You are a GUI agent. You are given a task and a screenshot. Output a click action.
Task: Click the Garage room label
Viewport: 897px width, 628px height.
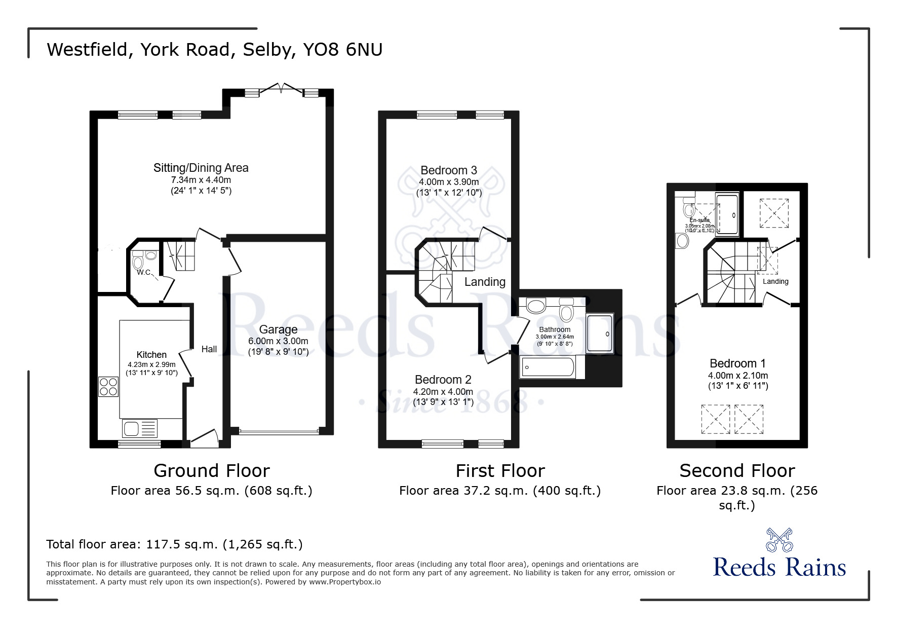pos(278,329)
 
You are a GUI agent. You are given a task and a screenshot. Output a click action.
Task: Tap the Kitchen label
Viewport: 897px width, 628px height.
pos(151,355)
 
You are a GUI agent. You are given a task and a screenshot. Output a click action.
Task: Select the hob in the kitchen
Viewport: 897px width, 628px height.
pos(108,387)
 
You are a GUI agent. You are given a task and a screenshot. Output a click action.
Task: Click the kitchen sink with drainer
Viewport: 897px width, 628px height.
pos(140,429)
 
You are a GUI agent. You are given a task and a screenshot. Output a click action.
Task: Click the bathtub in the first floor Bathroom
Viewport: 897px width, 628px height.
pos(548,366)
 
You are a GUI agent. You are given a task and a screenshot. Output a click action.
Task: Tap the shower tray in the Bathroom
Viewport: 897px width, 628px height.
pos(600,334)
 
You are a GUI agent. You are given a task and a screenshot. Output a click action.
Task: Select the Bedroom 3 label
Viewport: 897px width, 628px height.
pos(449,170)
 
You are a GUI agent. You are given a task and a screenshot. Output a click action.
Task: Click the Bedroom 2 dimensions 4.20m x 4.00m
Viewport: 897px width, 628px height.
pos(443,392)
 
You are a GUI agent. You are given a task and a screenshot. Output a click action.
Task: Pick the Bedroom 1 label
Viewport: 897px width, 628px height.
pos(737,363)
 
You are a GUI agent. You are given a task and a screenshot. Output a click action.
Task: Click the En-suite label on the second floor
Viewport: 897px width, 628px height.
pos(699,220)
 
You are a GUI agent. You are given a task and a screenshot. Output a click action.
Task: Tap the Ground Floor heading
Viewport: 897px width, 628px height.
pos(212,471)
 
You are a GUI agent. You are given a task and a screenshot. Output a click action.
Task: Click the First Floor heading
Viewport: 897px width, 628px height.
pos(500,471)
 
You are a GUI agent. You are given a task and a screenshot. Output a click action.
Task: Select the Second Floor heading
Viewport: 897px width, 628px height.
pos(737,471)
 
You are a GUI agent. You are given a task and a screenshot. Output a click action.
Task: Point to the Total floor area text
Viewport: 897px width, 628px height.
pos(174,544)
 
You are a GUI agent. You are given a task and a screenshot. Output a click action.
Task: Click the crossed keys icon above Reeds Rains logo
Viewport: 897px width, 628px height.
pos(779,540)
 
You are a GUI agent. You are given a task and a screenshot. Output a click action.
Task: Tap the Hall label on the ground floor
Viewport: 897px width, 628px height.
pos(209,349)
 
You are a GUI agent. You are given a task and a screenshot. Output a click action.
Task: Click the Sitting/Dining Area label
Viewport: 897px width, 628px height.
pos(201,168)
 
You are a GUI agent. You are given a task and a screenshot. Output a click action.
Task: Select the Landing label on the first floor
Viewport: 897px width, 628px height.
pos(485,282)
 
